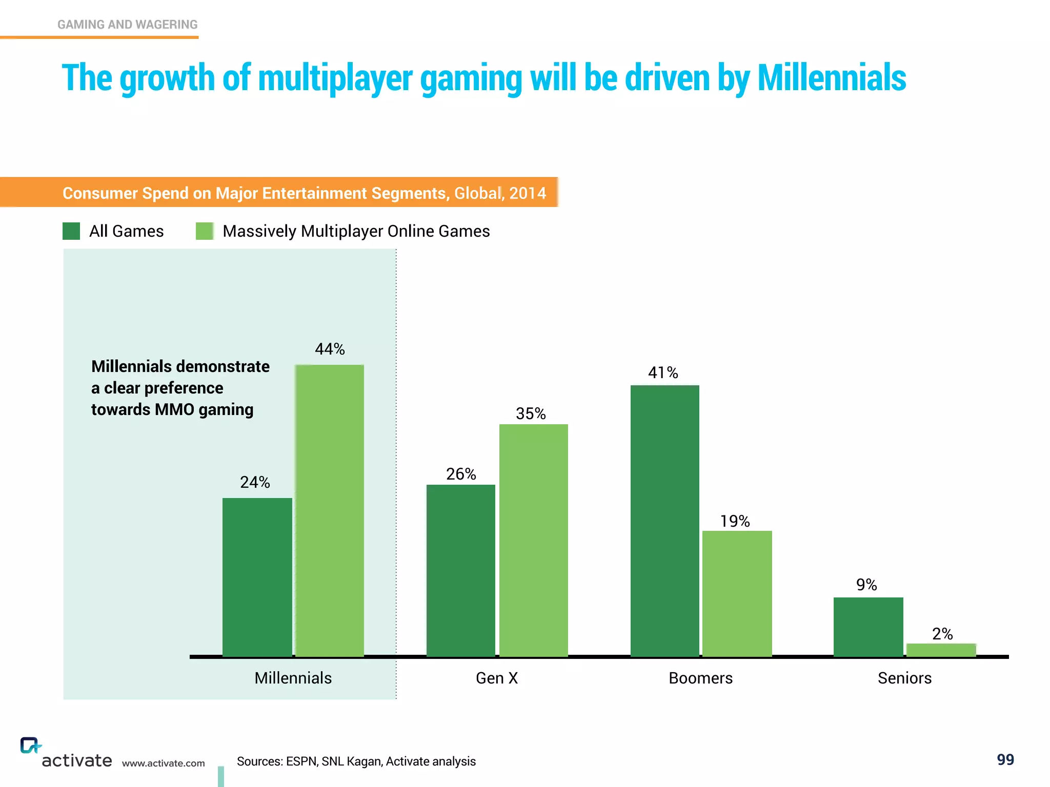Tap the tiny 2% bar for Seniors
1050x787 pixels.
[941, 650]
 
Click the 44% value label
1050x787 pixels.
[330, 349]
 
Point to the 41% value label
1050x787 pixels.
[663, 372]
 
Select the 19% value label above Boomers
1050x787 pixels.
[735, 521]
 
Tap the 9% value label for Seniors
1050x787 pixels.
[866, 585]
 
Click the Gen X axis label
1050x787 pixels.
[497, 678]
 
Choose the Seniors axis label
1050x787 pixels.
[904, 678]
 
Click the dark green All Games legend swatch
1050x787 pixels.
[71, 231]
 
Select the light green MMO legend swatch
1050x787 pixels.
[205, 231]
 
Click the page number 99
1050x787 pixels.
[1005, 759]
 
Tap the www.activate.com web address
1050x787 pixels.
[163, 763]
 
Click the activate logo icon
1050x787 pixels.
[30, 745]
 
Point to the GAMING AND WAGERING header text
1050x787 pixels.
[127, 25]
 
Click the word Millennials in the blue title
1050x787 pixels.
[831, 78]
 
